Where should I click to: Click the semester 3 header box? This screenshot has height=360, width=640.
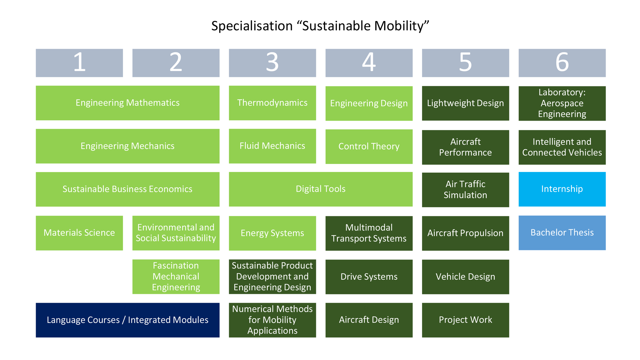(272, 63)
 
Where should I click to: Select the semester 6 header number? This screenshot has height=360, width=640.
(562, 62)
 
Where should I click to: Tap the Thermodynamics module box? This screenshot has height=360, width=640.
(272, 103)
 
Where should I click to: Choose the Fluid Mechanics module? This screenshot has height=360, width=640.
(272, 146)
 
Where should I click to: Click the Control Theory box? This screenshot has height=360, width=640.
(369, 146)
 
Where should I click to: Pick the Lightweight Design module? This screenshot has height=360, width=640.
(465, 103)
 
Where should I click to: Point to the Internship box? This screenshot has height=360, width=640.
(562, 189)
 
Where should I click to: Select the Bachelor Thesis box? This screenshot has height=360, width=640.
(562, 233)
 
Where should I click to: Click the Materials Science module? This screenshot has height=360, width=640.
(79, 233)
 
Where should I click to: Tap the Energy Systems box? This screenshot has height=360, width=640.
(272, 233)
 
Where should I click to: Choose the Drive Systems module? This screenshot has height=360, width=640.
(369, 277)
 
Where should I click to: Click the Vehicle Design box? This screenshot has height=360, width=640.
(465, 277)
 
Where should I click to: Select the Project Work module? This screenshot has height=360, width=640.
(465, 320)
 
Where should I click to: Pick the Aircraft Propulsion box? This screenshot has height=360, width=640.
(465, 233)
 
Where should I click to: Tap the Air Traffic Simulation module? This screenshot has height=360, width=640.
(465, 190)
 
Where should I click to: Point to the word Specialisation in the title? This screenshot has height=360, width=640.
(252, 26)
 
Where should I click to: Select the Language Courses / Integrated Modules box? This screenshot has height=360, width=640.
(127, 320)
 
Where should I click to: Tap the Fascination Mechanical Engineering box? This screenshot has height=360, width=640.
(176, 277)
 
